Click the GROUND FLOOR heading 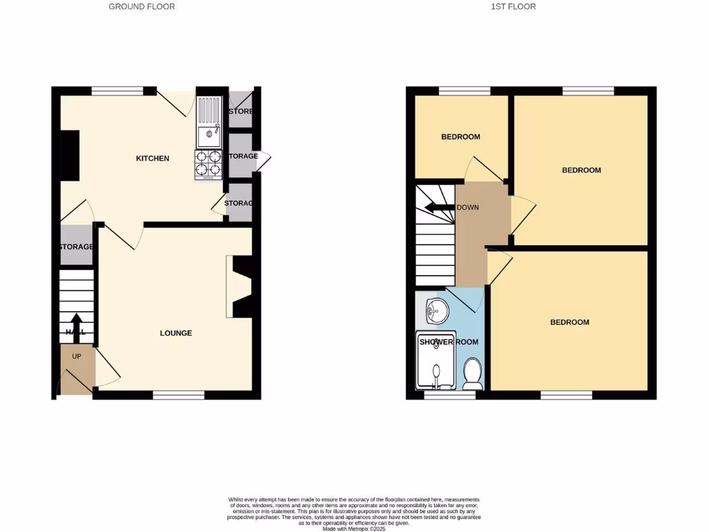coord(142,7)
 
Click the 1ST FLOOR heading coord(513,7)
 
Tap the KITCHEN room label coord(152,159)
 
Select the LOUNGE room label coord(176,333)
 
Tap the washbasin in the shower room coord(436,310)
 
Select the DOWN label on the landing coord(467,207)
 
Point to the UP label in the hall coord(77,356)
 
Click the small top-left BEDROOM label coord(460,137)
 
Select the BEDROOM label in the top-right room coord(581,170)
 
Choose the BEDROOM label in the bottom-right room coord(569,322)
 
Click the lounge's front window coord(179,395)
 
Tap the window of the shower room coord(449,395)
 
